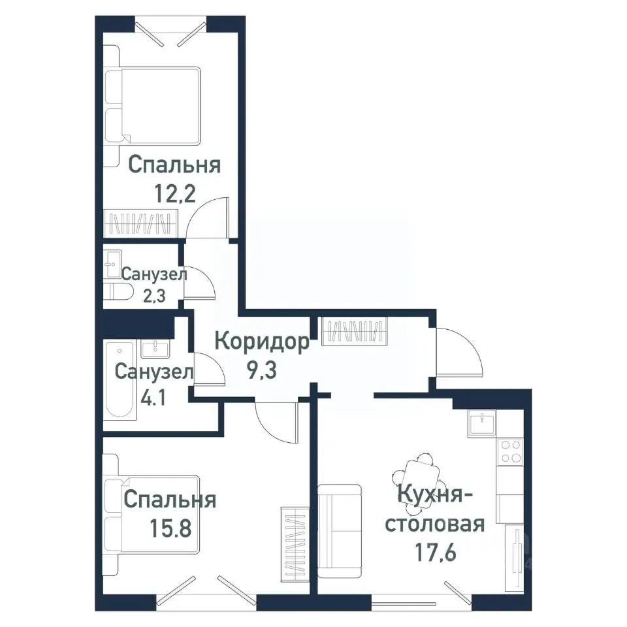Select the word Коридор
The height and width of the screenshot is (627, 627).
tap(261, 343)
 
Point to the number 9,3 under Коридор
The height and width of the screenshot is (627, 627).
tap(261, 370)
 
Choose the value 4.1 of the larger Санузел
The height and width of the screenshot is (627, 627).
tap(153, 398)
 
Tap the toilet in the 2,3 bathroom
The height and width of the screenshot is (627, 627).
tap(115, 292)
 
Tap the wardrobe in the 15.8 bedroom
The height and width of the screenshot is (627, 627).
tap(293, 545)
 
